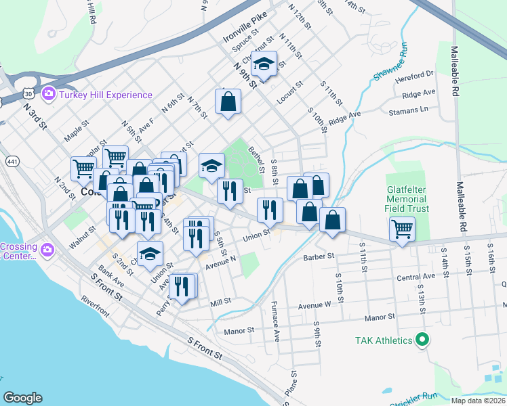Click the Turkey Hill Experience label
(105, 95)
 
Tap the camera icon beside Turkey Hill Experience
(48, 93)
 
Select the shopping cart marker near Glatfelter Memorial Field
(403, 231)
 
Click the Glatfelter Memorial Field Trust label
(406, 200)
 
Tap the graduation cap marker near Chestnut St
(263, 64)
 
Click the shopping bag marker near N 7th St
(228, 102)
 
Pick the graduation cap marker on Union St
(150, 254)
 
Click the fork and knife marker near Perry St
(182, 286)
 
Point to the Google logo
(22, 398)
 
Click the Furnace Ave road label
(276, 321)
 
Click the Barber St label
(319, 256)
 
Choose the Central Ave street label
(415, 277)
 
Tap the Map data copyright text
(478, 401)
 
